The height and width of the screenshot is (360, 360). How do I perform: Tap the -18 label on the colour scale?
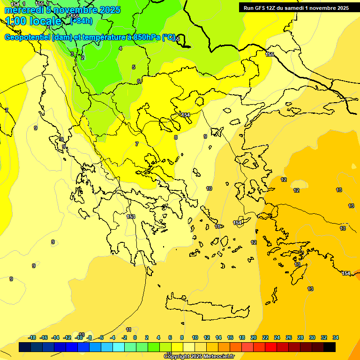pyautogui.click(x=32, y=337)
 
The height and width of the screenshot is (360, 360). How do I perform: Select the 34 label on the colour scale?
pyautogui.click(x=336, y=337)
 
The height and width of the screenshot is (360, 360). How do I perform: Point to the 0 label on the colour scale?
pyautogui.click(x=135, y=337)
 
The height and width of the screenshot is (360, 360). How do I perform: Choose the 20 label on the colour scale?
pyautogui.click(x=254, y=337)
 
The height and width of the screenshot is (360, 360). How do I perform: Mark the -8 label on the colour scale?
pyautogui.click(x=89, y=337)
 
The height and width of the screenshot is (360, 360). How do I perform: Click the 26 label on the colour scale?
pyautogui.click(x=289, y=337)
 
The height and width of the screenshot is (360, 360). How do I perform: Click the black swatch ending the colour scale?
pyautogui.click(x=330, y=347)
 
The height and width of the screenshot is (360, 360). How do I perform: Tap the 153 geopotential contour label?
pyautogui.click(x=131, y=217)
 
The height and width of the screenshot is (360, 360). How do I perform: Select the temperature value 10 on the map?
pyautogui.click(x=209, y=188)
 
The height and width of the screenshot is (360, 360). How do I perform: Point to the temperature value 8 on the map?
pyautogui.click(x=176, y=137)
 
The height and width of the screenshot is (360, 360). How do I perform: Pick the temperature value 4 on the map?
pyautogui.click(x=120, y=48)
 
